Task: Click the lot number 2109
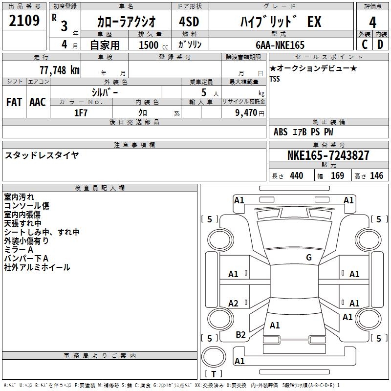point(24,21)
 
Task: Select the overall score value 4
point(372,22)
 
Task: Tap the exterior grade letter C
point(365,44)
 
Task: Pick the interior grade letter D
point(380,44)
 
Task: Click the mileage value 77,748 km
point(60,70)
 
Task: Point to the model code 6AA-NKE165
point(280,45)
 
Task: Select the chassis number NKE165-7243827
point(328,155)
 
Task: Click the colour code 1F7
point(81,113)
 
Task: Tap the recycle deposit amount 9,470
point(246,113)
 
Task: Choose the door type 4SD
point(189,22)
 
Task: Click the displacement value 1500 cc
point(153,45)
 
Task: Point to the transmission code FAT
point(14,102)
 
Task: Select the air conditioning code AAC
point(38,102)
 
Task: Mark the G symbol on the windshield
point(309,258)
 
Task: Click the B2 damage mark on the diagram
point(240,335)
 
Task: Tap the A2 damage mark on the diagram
point(233,303)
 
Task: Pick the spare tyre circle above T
point(214,357)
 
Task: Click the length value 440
point(297,176)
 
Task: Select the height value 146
point(376,176)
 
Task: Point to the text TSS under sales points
point(275,79)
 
